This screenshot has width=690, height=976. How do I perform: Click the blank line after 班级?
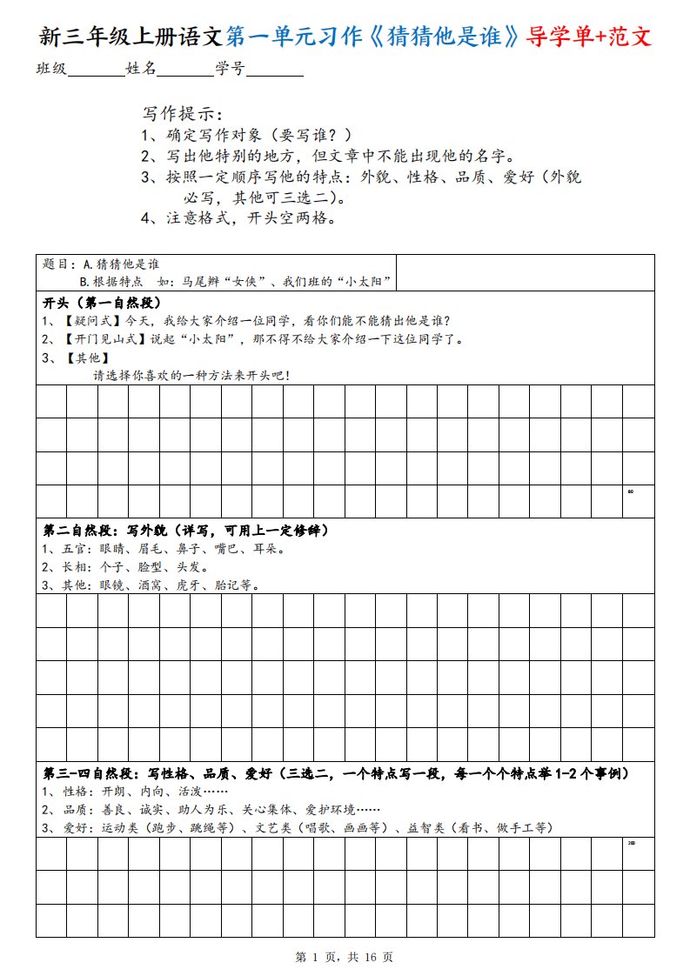(96, 70)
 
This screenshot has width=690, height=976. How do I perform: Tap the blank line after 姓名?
(185, 70)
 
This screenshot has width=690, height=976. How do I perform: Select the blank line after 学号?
(275, 70)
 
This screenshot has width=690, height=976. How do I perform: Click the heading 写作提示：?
(182, 114)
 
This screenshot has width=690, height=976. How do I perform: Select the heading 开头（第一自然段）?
(102, 302)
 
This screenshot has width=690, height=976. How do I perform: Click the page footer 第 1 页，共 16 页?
(345, 957)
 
